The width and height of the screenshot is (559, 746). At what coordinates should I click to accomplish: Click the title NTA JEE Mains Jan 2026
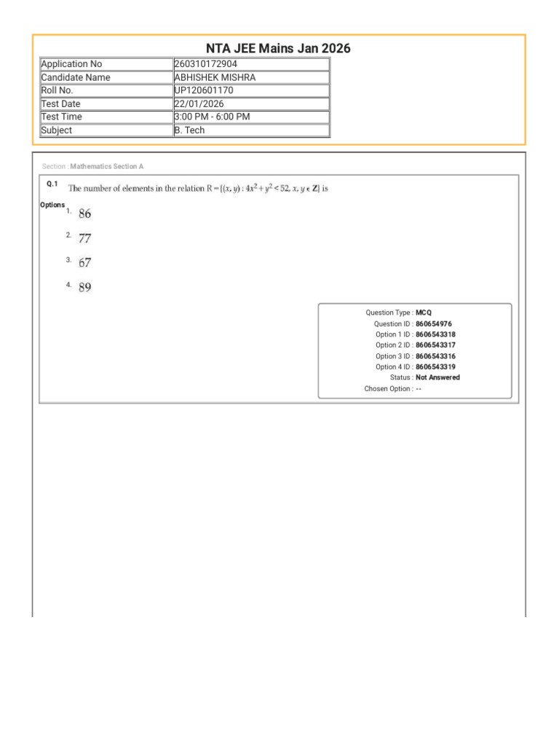278,49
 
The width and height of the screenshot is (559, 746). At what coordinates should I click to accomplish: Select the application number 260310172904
206,64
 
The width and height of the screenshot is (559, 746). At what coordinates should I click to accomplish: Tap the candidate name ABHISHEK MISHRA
215,77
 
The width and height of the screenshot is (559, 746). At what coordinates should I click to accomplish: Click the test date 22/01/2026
199,103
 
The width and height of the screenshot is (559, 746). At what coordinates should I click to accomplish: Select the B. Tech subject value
189,130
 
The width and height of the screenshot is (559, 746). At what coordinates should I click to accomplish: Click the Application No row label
71,64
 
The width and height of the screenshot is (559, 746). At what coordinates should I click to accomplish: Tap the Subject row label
57,130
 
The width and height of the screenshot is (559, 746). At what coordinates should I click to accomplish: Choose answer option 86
85,213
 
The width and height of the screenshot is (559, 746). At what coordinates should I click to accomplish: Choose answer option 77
85,238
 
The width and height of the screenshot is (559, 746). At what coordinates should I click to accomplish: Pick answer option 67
85,262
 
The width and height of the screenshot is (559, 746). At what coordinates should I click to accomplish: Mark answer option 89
85,287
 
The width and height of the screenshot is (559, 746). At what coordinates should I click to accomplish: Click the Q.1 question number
52,184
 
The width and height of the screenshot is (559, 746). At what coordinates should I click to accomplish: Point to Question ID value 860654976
434,323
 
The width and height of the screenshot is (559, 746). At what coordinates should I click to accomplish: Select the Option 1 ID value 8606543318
436,334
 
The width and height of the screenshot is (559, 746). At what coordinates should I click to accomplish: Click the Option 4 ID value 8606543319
436,367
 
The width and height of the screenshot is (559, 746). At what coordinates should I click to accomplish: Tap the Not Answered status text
437,377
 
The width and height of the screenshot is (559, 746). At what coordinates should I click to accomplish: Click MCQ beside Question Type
424,313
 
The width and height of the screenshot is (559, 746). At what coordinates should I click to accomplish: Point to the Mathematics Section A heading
107,167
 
